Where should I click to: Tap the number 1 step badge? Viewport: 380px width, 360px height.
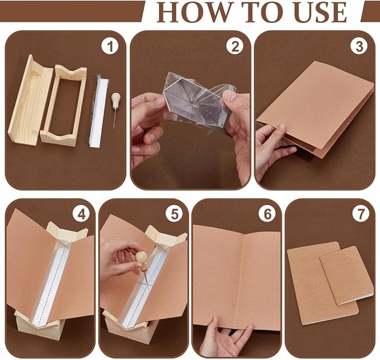pyautogui.click(x=110, y=46)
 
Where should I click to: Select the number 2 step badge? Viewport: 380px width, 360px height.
pyautogui.click(x=235, y=46)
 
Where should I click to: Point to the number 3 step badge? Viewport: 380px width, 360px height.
pyautogui.click(x=359, y=46)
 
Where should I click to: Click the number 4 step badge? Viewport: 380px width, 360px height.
pyautogui.click(x=81, y=214)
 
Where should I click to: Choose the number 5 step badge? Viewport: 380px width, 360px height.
pyautogui.click(x=174, y=214)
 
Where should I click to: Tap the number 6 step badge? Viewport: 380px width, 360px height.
pyautogui.click(x=268, y=214)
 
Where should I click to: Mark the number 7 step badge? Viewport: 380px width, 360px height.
pyautogui.click(x=360, y=214)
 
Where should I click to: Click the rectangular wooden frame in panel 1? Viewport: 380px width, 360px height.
pyautogui.click(x=63, y=105)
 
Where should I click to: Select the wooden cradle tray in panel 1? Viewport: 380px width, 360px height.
pyautogui.click(x=30, y=100)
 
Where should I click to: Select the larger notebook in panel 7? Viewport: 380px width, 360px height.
pyautogui.click(x=320, y=283)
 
